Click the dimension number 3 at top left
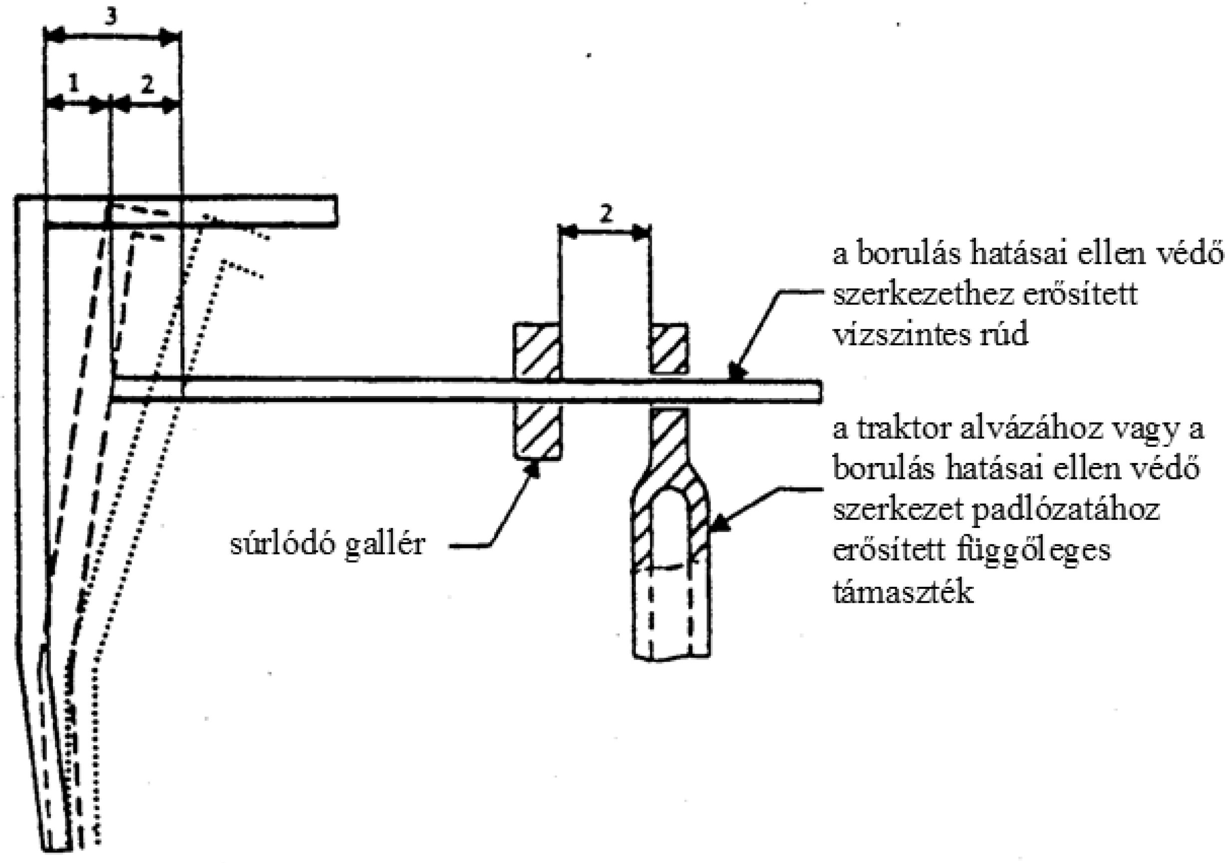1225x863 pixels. pos(110,17)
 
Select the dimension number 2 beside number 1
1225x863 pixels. pos(147,83)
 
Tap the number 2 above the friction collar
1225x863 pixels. pos(605,215)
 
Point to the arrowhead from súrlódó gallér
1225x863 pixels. pos(532,468)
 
